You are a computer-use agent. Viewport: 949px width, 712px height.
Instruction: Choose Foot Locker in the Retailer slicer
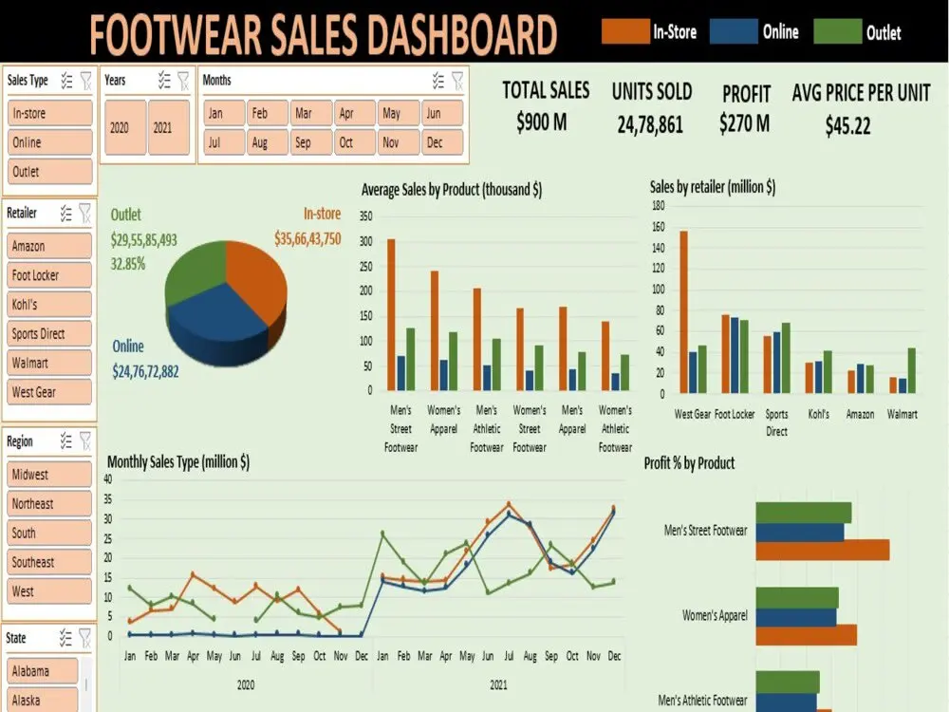click(50, 275)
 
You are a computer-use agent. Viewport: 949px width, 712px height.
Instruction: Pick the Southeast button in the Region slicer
click(50, 562)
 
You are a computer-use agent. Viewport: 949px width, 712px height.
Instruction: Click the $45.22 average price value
click(847, 126)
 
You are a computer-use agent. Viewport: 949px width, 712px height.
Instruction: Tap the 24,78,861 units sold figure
click(651, 124)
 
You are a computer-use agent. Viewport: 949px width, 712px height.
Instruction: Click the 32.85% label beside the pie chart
click(128, 264)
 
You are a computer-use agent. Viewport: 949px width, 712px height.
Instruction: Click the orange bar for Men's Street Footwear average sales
click(391, 314)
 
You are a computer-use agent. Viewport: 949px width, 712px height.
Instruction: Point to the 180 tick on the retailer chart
click(657, 205)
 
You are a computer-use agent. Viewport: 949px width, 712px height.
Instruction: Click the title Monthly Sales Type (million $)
click(178, 462)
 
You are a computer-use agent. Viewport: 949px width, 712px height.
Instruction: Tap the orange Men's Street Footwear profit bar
click(822, 550)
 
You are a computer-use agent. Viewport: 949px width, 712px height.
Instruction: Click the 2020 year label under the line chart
click(245, 684)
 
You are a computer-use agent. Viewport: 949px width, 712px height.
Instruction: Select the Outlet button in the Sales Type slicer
click(50, 172)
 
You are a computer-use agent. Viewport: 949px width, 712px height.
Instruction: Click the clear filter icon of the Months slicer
click(457, 81)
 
